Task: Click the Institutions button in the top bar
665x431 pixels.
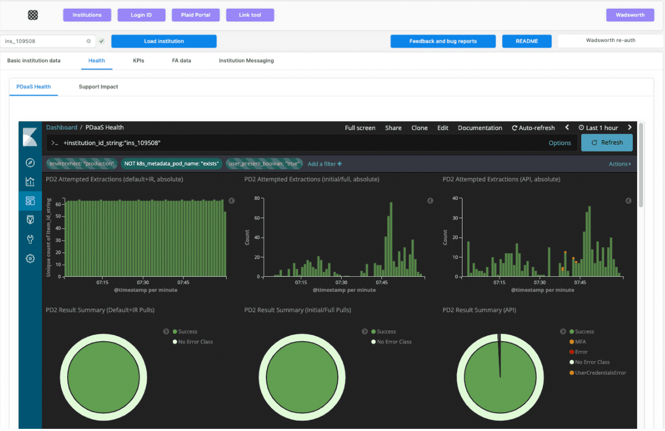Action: [x=87, y=15]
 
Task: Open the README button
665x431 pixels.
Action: [x=527, y=41]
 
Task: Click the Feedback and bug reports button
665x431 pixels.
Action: [x=443, y=41]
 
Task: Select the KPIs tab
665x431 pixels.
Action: [x=139, y=61]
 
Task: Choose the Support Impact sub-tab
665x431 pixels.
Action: [x=98, y=87]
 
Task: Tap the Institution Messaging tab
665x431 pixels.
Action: [x=246, y=61]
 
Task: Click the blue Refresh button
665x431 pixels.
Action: [x=606, y=142]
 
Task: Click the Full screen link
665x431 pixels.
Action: [x=360, y=128]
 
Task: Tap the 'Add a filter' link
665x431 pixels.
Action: [x=324, y=164]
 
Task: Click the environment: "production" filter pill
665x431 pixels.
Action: [x=82, y=163]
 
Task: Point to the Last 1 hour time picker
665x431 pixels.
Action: [x=598, y=128]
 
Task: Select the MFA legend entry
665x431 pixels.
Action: [x=581, y=342]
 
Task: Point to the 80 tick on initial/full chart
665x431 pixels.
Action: [x=257, y=198]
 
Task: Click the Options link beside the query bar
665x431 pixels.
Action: [x=560, y=143]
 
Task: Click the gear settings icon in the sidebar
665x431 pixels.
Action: [x=30, y=258]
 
